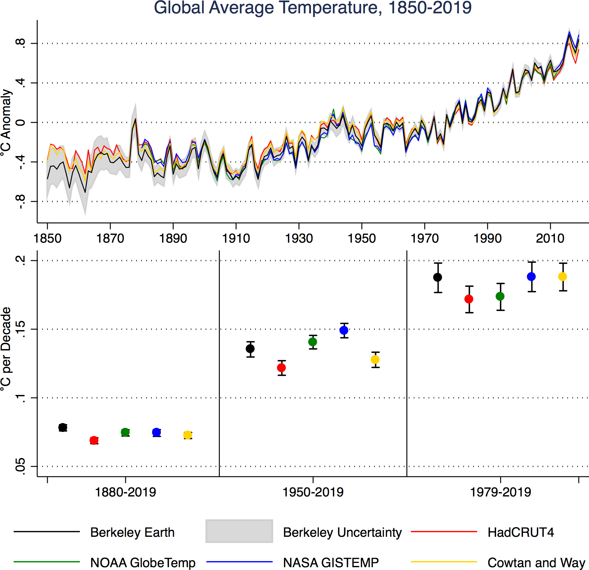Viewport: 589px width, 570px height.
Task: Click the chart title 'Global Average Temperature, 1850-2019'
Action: (312, 8)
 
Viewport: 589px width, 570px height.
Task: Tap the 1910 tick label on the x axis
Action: (236, 238)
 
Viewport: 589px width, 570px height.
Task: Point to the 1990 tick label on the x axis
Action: (487, 238)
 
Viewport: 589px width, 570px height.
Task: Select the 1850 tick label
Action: (47, 238)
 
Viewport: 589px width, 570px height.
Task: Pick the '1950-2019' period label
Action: (313, 492)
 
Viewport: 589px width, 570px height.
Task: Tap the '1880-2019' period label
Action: (125, 492)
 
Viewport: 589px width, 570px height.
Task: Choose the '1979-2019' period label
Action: (500, 492)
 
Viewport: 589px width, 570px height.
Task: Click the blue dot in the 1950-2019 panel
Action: (344, 330)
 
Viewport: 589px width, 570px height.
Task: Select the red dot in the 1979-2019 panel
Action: (469, 299)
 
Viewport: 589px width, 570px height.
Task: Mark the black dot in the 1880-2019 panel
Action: (63, 427)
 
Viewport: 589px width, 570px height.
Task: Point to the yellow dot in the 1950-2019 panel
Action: (375, 360)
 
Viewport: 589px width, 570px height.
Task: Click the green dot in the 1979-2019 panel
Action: (500, 296)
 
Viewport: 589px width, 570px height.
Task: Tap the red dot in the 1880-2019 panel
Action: (94, 440)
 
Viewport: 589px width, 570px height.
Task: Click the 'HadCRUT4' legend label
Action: (520, 532)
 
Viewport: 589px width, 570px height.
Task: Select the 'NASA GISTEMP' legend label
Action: (331, 563)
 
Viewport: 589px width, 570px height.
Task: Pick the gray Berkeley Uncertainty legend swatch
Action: (239, 531)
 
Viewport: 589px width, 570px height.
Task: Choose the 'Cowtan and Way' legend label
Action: (536, 563)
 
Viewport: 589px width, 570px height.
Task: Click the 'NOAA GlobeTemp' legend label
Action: (143, 563)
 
